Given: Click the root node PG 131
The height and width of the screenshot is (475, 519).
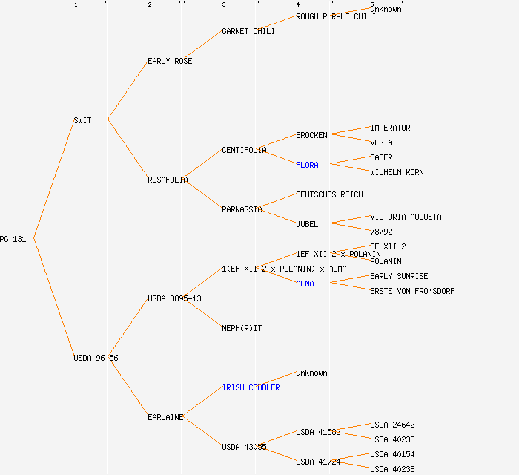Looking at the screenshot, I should coord(13,239).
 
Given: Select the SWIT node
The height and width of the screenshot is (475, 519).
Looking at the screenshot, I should coord(82,120).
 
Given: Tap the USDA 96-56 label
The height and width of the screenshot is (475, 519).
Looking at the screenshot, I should coord(96,358).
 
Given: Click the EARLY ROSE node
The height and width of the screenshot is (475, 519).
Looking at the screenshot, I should coord(170,61).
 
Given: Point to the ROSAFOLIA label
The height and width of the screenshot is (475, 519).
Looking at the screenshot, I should coord(168,180).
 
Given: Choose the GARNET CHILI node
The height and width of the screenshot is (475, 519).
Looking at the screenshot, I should coord(248,31).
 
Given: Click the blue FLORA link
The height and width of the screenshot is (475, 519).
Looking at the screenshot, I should coord(307,165).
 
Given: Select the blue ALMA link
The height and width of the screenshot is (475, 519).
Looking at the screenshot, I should coord(305,284).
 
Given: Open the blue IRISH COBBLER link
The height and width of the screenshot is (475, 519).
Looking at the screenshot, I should coord(251,387).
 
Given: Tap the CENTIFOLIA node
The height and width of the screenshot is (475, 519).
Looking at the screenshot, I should coord(244,150).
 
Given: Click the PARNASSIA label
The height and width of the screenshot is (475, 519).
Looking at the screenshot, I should coord(242,209).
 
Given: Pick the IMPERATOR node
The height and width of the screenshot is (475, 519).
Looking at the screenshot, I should coord(390,128).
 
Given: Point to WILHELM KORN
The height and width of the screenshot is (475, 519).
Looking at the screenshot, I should coord(397,172).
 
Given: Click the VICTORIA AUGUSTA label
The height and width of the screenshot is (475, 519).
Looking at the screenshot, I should coord(406,217).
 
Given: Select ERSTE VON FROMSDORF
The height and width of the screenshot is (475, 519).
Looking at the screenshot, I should coord(412,291).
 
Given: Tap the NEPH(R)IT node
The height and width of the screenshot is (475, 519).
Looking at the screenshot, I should coord(242,328).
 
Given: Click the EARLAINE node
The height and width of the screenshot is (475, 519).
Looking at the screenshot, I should coord(165,417).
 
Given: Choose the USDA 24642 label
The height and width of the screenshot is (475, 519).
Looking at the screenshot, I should coord(392,425).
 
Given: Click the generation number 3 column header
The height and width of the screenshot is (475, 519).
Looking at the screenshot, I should coord(223,5).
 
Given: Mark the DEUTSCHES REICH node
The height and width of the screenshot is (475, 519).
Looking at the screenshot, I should coord(329,194).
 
